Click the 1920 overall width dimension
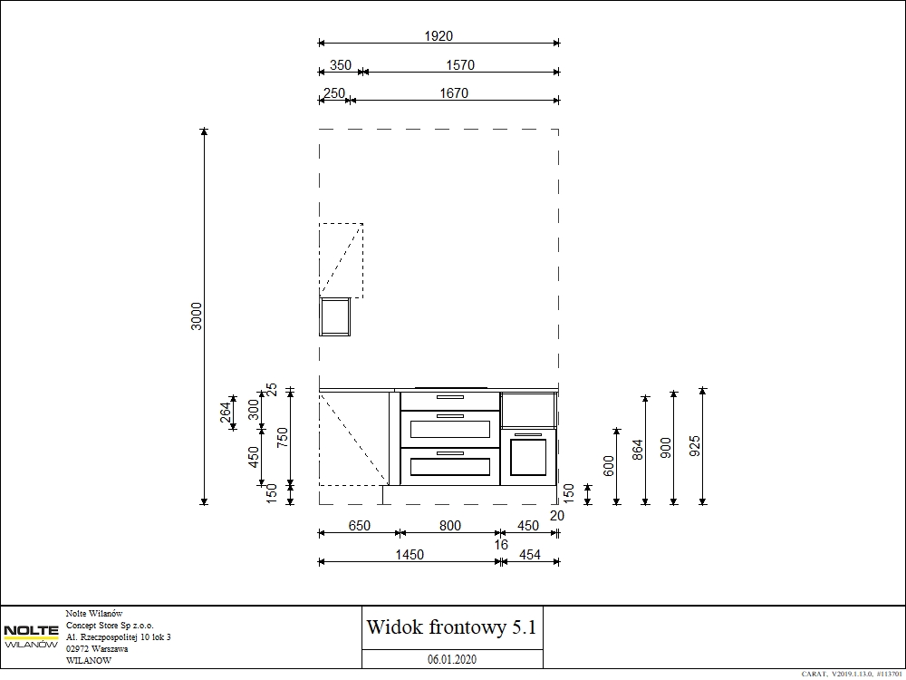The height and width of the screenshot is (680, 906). [x=439, y=36]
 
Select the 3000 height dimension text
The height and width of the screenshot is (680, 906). [x=197, y=316]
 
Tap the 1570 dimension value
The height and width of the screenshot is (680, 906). [x=460, y=65]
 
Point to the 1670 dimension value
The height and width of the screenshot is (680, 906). [x=454, y=93]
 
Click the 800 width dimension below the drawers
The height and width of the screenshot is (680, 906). [x=450, y=526]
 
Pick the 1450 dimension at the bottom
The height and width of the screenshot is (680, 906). [x=410, y=555]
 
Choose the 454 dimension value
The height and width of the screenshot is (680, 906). [x=530, y=555]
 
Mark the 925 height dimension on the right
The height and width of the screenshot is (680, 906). [x=695, y=446]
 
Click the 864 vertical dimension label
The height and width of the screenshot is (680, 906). [x=637, y=450]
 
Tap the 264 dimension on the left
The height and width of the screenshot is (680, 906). [x=226, y=413]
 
